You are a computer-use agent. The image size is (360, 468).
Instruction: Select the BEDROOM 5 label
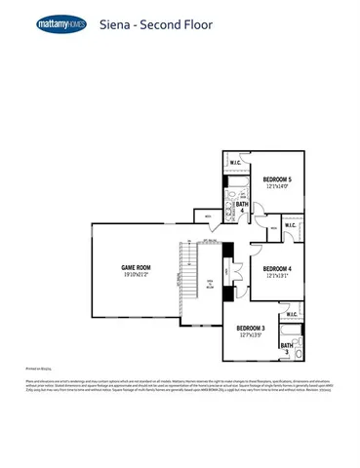pos(277,179)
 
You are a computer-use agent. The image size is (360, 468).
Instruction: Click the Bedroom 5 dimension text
pos(277,186)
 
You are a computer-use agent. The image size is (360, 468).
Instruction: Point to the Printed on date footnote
pos(36,369)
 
